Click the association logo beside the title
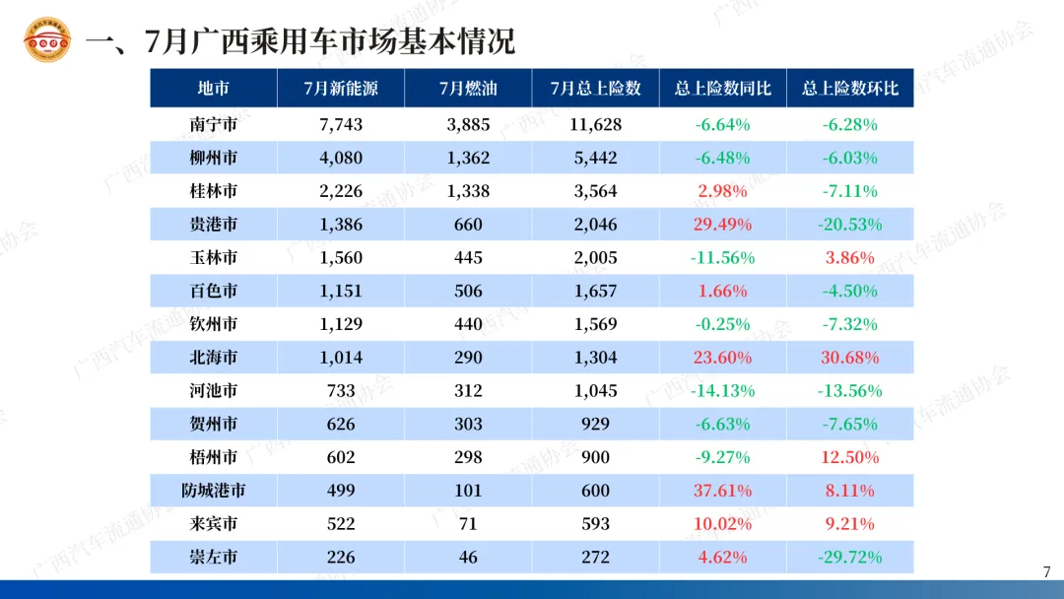47,39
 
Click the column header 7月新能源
341,89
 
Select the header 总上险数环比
849,89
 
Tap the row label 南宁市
213,125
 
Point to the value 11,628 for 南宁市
595,125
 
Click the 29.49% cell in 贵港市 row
722,225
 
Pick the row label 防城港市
213,491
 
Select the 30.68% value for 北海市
849,358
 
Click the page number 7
1046,571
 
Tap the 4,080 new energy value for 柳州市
341,158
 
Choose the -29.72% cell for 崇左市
849,557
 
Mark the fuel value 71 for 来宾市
468,524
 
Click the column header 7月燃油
468,89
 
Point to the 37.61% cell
722,491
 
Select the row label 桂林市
213,191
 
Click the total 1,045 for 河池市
595,391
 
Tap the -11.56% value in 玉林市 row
722,258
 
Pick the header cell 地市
213,89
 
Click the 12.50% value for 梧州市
849,457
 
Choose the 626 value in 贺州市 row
341,424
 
